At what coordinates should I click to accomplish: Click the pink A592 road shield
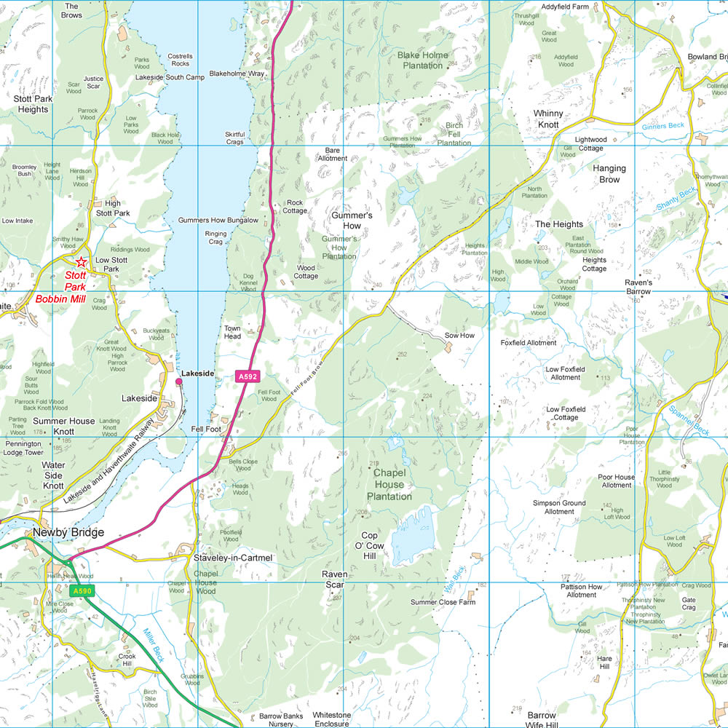[248, 376]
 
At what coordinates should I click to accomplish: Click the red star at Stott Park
[82, 262]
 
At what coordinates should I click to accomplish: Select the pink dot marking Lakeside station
[179, 381]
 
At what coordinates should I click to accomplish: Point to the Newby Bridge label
[68, 533]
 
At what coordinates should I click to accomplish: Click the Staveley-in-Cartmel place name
[233, 558]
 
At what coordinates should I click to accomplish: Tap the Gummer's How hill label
[352, 221]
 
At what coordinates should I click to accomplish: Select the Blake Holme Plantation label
[422, 60]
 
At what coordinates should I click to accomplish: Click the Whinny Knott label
[547, 119]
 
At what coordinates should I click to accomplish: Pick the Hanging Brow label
[609, 173]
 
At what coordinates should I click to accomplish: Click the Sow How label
[459, 336]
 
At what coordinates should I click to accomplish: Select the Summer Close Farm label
[443, 602]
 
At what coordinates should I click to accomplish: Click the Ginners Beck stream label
[663, 126]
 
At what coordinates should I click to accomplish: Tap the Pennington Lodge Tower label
[24, 448]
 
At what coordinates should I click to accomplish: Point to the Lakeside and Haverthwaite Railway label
[108, 462]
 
